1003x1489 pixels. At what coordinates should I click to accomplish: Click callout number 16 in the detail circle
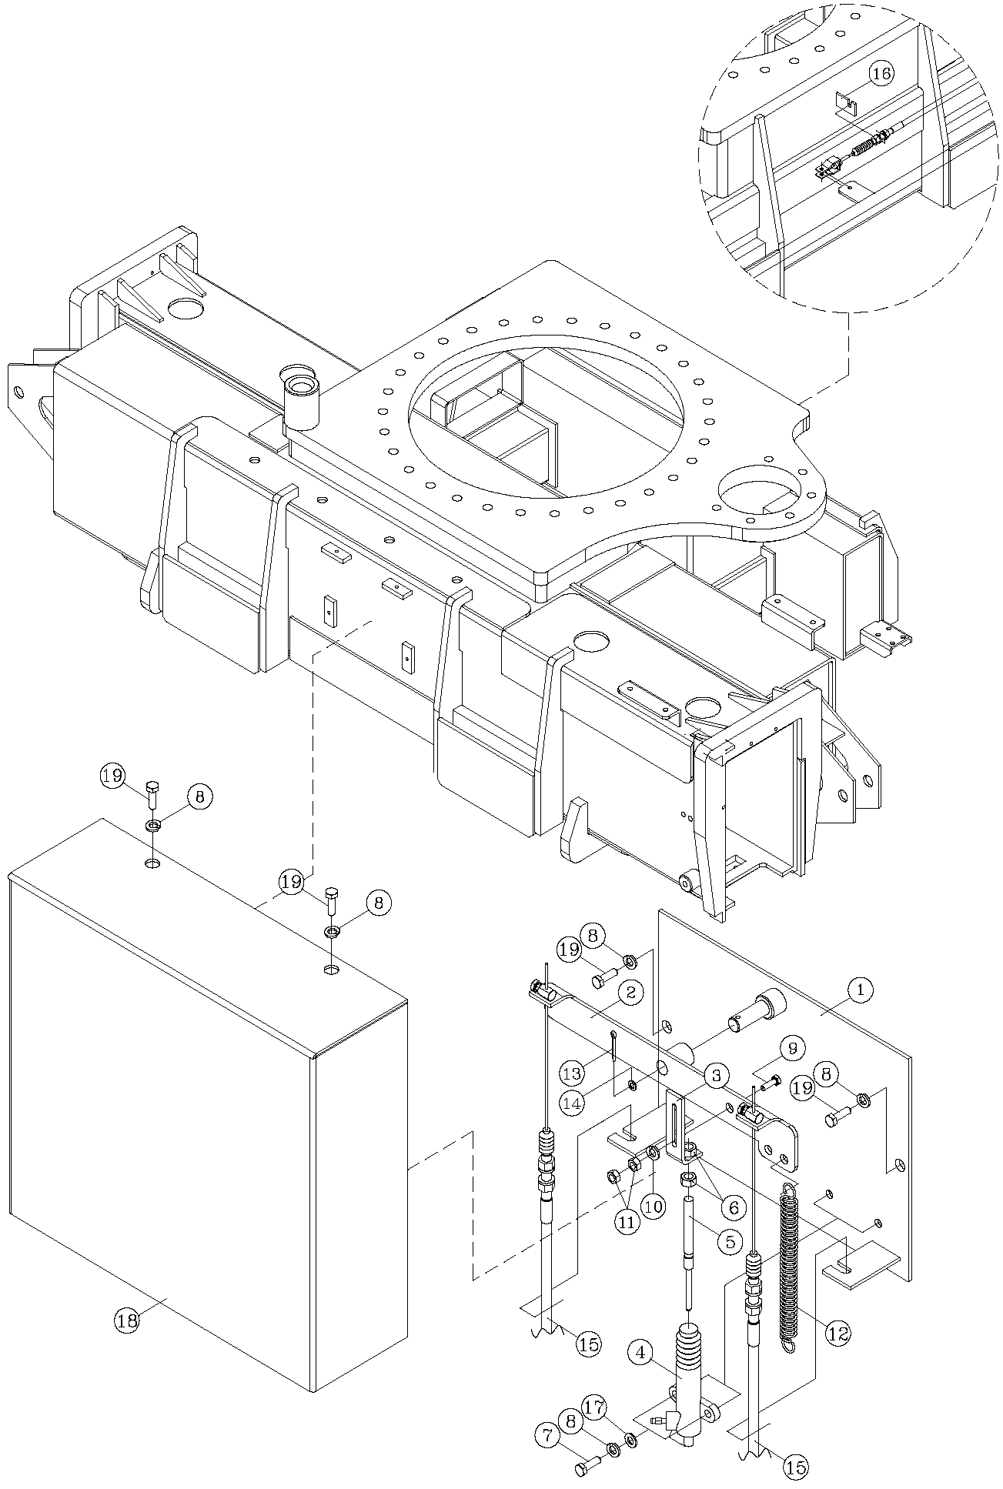point(882,73)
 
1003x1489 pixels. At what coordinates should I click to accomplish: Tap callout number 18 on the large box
point(127,1320)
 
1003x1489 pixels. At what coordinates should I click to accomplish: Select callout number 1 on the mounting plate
point(860,990)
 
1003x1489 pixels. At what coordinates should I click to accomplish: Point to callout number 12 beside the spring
point(838,1330)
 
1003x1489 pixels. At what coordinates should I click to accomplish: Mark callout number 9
point(792,1047)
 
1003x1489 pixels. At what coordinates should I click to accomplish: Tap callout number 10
point(654,1207)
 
